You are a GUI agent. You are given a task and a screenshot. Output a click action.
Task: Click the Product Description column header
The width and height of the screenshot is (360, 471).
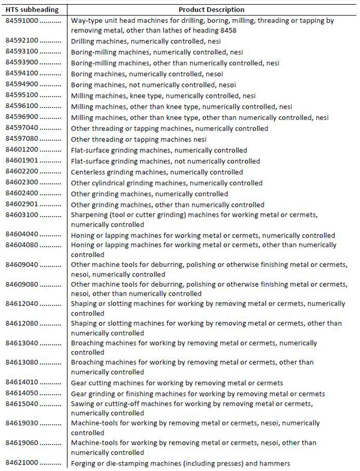[211, 10]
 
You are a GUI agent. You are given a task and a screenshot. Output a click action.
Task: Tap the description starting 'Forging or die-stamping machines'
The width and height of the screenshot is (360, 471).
[181, 463]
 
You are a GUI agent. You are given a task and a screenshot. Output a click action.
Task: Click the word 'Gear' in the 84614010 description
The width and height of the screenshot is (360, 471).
[79, 383]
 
